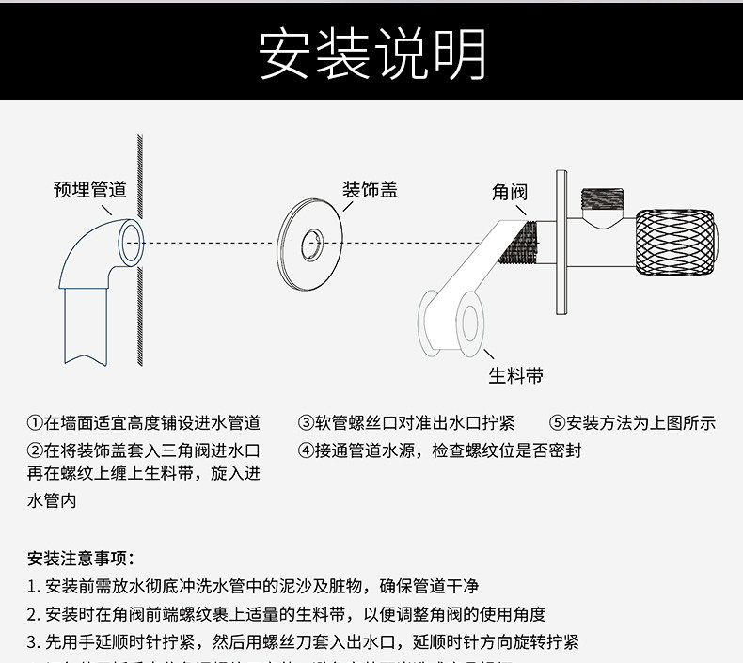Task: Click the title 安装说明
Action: coord(371,55)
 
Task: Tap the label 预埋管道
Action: coord(89,190)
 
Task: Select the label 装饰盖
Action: coord(370,190)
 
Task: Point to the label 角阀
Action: coord(510,193)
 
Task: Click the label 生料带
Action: coord(515,376)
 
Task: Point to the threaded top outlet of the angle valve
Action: coord(602,198)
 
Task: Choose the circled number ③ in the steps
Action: coord(306,423)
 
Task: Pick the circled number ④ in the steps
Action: coord(306,450)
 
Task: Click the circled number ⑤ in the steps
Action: coord(557,423)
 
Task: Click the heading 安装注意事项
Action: coord(82,558)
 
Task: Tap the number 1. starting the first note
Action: coord(33,587)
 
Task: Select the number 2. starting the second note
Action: coord(33,615)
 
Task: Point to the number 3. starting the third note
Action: coord(33,643)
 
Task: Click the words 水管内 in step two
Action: coord(52,501)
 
